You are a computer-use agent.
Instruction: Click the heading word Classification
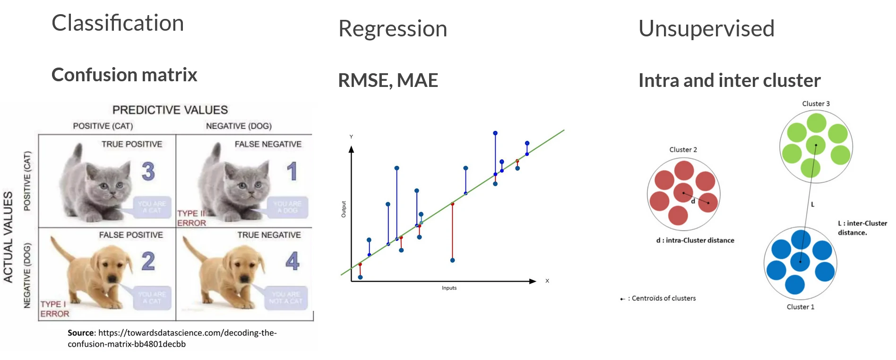118,23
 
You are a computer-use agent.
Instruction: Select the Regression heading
393,29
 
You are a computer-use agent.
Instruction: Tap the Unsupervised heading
706,29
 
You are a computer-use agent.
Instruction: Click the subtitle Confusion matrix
124,75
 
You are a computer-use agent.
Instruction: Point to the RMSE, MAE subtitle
388,80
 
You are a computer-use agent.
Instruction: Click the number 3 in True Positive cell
148,171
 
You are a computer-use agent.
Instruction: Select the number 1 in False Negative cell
292,171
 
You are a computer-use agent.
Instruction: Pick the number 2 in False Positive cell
148,261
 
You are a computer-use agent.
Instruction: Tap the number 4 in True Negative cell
292,261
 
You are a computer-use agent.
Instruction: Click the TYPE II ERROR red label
191,218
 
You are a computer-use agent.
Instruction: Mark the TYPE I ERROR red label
54,309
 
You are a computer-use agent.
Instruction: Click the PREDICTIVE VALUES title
170,110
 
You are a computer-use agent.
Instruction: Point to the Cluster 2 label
683,150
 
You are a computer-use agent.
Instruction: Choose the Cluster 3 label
816,104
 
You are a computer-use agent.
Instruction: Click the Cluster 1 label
800,307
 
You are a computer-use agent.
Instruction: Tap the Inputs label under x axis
449,288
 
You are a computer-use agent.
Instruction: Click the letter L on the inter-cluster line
813,205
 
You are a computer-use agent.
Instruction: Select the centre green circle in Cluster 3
815,145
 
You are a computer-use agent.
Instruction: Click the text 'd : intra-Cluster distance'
695,240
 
